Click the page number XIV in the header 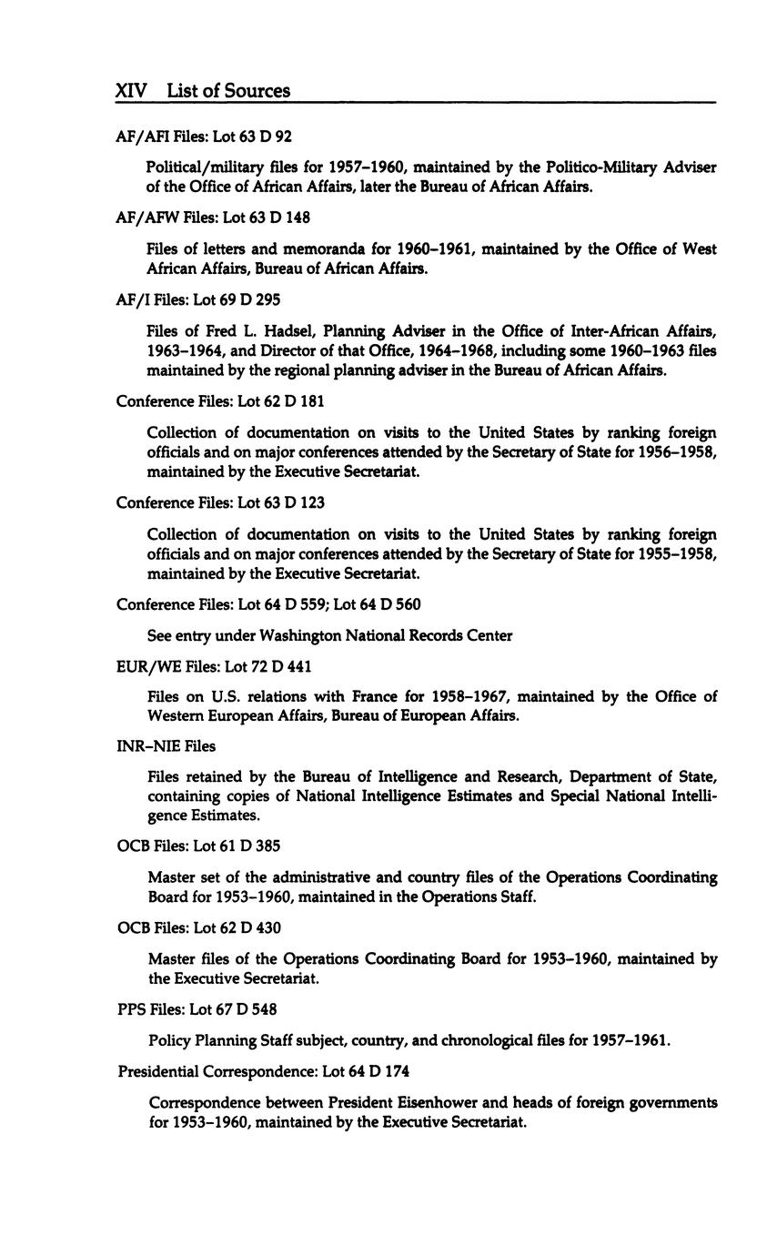click(132, 90)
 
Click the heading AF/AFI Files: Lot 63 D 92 click(204, 137)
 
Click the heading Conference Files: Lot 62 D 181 click(221, 401)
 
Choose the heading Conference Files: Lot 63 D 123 click(221, 503)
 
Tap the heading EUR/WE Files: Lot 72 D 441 click(214, 666)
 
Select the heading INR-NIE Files click(166, 746)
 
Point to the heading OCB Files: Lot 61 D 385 click(198, 846)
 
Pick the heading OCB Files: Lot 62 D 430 click(198, 927)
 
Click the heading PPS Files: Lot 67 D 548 click(197, 1009)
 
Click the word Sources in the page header click(259, 90)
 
